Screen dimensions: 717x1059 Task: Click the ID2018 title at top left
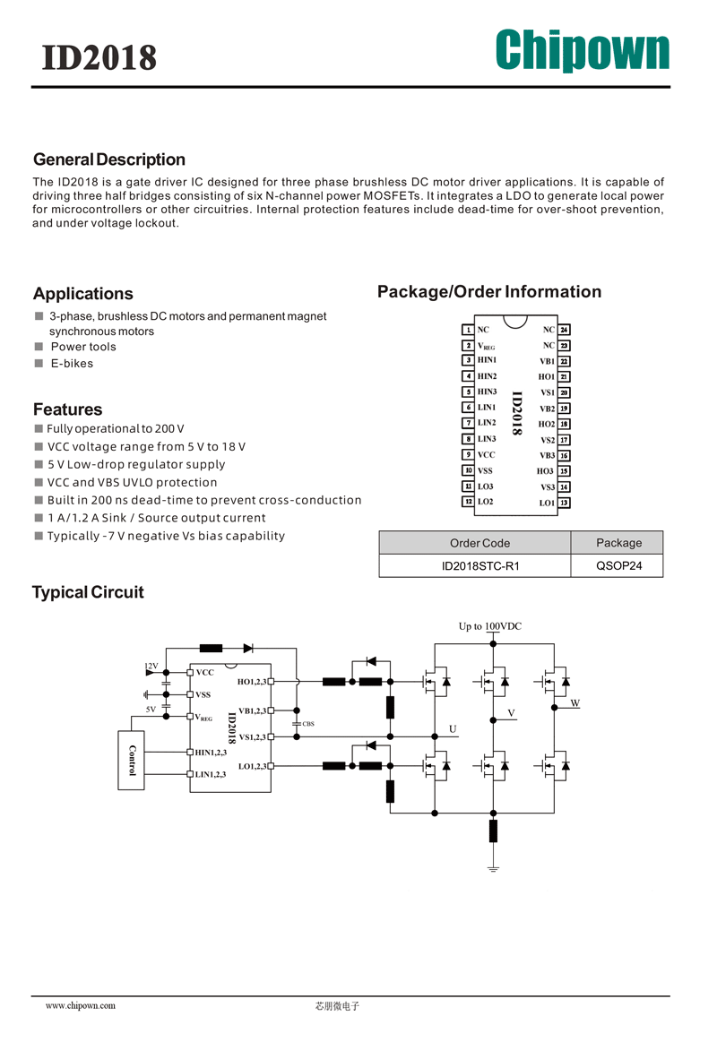[x=99, y=58]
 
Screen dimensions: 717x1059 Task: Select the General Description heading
[x=108, y=159]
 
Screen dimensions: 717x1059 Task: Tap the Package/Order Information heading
[x=489, y=292]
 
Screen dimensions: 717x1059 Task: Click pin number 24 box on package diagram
[x=565, y=330]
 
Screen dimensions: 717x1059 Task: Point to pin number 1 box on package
[x=468, y=330]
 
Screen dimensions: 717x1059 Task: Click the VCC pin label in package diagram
[x=486, y=454]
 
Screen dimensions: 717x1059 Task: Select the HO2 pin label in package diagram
[x=547, y=424]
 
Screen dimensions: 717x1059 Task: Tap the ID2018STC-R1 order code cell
[x=480, y=566]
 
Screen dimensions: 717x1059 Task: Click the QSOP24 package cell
[x=618, y=566]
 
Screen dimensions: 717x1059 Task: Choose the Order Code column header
[x=479, y=543]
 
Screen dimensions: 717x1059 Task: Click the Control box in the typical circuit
[x=131, y=761]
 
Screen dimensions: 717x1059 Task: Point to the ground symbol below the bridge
[x=493, y=868]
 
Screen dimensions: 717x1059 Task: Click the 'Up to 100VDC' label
[x=490, y=626]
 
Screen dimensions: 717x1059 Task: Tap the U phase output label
[x=453, y=728]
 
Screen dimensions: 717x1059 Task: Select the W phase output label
[x=575, y=703]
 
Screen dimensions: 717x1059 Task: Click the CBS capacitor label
[x=308, y=723]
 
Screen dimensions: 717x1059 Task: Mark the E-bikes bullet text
[x=73, y=364]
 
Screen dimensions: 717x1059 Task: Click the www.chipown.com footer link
[x=81, y=1005]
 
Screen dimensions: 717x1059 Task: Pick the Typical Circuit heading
[x=88, y=592]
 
